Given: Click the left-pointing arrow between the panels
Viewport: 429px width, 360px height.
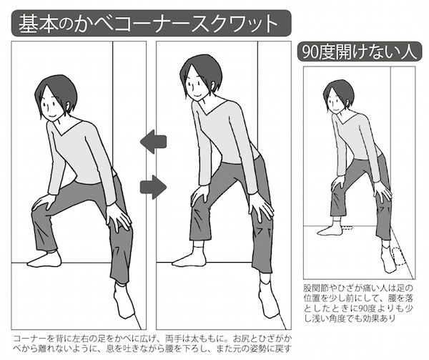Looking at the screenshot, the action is coord(153,142).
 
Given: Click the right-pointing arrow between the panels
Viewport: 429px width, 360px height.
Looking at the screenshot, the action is coord(153,187).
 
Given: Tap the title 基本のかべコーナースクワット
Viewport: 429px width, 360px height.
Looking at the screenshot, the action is coord(148,24).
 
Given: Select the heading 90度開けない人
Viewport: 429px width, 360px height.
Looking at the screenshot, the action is coord(359,52).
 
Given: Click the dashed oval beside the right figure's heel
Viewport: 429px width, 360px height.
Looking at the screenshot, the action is coord(399,256).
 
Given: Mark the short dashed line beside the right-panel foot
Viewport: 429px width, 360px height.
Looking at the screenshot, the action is coord(347,227).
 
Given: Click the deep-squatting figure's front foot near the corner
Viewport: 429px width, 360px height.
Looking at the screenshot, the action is coord(124,301).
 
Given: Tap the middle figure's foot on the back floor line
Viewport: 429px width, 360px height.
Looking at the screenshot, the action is coord(189,259).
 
